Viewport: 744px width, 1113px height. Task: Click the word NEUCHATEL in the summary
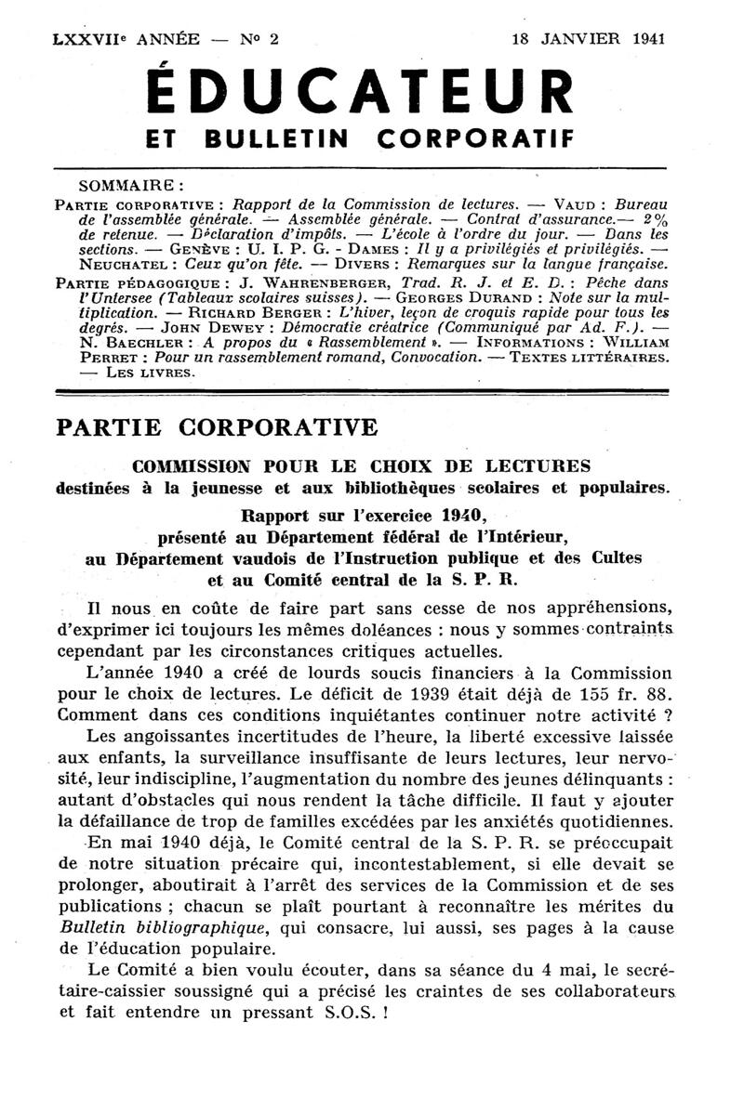pyautogui.click(x=97, y=263)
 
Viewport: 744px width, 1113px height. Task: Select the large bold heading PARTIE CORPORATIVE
pyautogui.click(x=217, y=427)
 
